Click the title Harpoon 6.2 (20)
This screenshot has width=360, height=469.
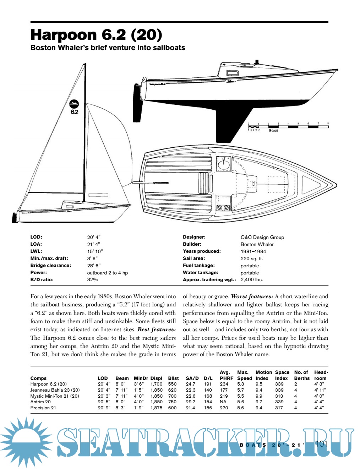(96, 35)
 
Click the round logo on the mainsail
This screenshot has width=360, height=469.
(74, 104)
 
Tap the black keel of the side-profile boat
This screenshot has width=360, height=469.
(231, 122)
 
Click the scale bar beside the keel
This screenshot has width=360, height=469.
(288, 126)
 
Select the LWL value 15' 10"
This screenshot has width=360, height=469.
(95, 251)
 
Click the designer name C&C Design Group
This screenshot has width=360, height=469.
(262, 237)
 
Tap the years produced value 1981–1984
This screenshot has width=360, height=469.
(253, 251)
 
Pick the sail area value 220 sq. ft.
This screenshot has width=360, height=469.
(252, 258)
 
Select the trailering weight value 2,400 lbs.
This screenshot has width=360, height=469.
(252, 280)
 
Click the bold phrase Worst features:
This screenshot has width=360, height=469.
(252, 296)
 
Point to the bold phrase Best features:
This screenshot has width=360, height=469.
(157, 329)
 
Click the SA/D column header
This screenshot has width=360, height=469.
(192, 378)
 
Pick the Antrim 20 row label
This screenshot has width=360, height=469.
(40, 402)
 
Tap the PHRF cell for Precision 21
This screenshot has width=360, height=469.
(224, 408)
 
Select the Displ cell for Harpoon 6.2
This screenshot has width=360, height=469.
(156, 384)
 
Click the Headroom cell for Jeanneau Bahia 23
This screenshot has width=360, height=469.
(320, 390)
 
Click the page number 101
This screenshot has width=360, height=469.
(321, 444)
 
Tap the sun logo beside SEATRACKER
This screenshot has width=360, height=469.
(27, 442)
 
